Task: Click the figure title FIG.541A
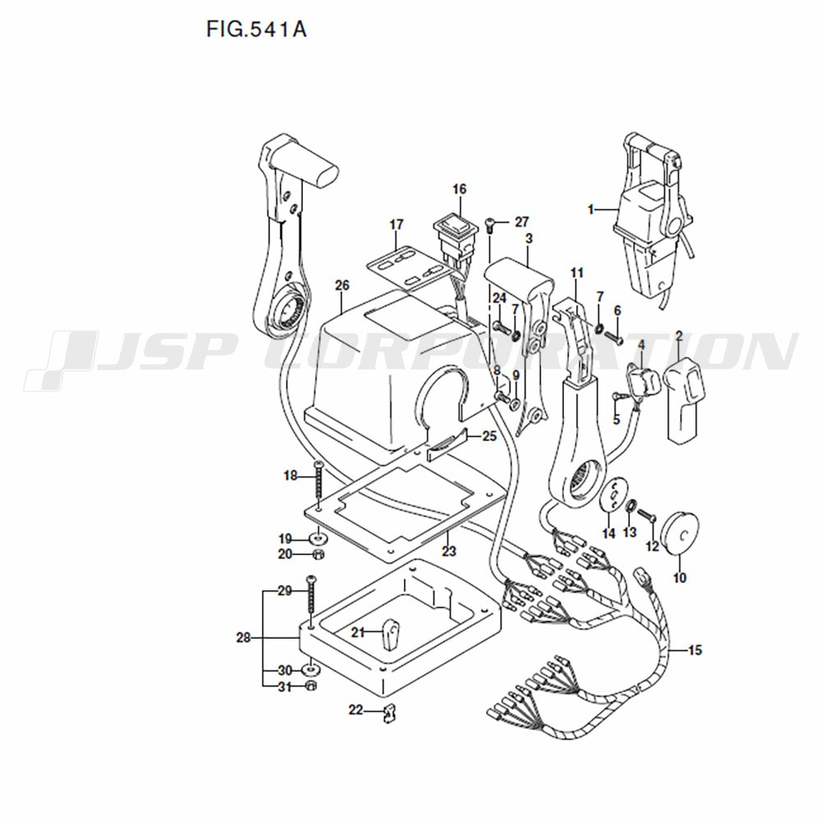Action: pos(256,29)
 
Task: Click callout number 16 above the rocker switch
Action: pos(459,189)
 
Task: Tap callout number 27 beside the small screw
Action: pos(521,222)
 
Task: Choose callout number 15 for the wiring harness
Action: pos(695,650)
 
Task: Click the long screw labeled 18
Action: pos(317,482)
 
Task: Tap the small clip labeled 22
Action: pos(388,713)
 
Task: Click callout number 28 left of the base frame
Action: pos(244,638)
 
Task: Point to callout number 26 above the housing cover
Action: pos(342,286)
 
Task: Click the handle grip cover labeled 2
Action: pos(684,400)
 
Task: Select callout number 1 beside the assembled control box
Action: pos(590,210)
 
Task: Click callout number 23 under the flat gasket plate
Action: pos(449,551)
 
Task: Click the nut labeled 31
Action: pos(310,686)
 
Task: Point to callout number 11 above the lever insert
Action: pos(577,273)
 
